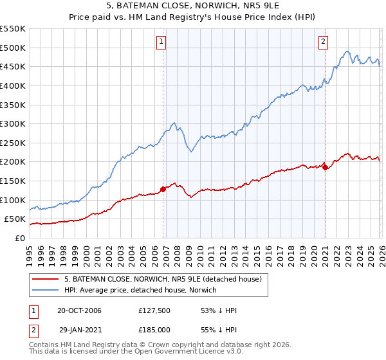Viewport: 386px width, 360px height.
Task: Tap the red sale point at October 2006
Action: (x=163, y=189)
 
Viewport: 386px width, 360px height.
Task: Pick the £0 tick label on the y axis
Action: (x=19, y=238)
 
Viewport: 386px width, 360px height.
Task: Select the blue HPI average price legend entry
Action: (x=140, y=291)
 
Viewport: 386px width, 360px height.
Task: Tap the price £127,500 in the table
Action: (x=152, y=310)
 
